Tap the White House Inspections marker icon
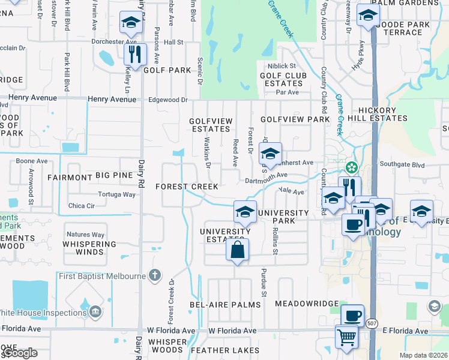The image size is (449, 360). pos(95,312)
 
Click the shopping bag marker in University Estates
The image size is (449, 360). pos(237,250)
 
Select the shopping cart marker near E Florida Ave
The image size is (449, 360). pos(347,337)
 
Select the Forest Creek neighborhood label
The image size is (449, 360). pos(187,187)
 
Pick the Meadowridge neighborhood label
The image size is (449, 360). pos(307,304)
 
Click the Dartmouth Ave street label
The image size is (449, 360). pos(267,176)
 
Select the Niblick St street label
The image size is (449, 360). pos(282,66)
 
